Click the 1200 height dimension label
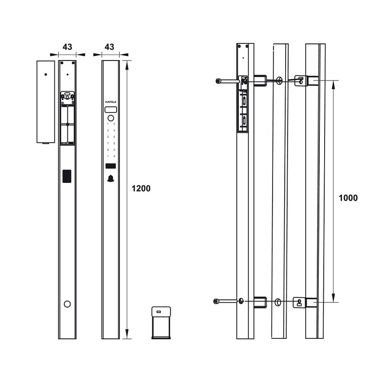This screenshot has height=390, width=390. [141, 189]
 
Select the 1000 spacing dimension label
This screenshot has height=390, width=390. [348, 198]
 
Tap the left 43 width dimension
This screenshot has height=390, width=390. [67, 47]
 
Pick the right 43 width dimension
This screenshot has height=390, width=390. [110, 47]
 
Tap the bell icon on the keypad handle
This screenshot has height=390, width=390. [111, 178]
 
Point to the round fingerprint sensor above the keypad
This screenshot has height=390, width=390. [111, 118]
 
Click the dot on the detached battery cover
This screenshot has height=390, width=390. [45, 75]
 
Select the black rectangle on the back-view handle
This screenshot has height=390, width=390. [67, 176]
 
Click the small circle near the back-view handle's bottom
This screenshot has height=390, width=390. [67, 304]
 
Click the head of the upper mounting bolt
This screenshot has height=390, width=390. [218, 81]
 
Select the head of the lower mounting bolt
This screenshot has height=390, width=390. [216, 301]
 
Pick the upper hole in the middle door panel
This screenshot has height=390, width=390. [279, 81]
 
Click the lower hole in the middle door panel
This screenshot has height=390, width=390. [278, 302]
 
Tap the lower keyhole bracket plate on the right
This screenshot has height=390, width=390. [299, 302]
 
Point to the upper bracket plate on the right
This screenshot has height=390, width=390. [300, 79]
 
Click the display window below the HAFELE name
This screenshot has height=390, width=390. [111, 110]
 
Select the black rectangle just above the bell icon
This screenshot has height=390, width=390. [111, 167]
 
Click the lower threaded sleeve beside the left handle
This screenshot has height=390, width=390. [260, 302]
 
